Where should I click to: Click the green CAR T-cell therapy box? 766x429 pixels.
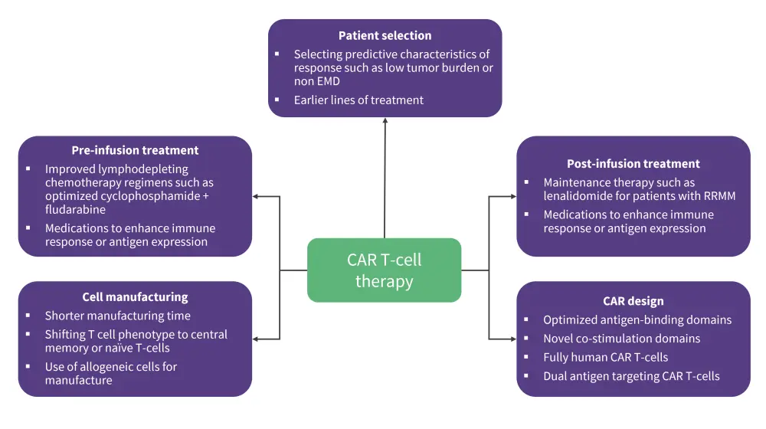tap(384, 270)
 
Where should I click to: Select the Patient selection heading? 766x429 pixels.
tap(385, 35)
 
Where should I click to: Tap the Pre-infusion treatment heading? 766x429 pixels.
tap(135, 150)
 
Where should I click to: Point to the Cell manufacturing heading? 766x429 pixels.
tap(135, 296)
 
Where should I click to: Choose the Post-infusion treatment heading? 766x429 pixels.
tap(633, 163)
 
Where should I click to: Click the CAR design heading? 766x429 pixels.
tap(633, 301)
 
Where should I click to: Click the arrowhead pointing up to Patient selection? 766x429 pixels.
tap(385, 121)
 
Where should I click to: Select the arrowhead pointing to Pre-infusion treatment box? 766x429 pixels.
tap(257, 196)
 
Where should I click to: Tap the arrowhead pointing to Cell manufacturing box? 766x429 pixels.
tap(257, 339)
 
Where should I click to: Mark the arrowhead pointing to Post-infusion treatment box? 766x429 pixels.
tap(512, 196)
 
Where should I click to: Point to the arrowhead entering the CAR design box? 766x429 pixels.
tap(512, 339)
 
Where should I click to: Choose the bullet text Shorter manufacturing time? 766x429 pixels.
tap(117, 316)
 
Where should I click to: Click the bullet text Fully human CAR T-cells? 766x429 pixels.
tap(605, 357)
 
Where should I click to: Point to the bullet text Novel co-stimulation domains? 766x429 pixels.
tap(621, 339)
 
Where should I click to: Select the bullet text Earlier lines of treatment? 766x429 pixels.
tap(358, 100)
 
